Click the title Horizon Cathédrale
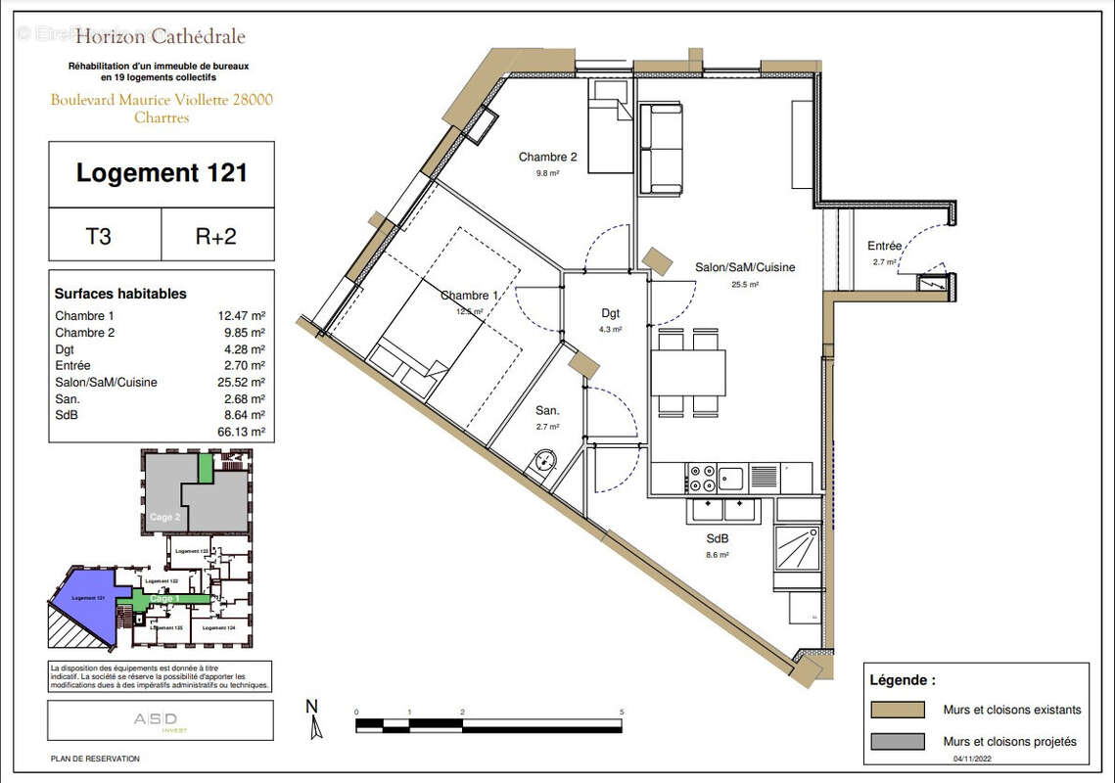pyautogui.click(x=161, y=38)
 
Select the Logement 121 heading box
pyautogui.click(x=162, y=174)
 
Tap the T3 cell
pyautogui.click(x=105, y=235)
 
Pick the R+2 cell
pyautogui.click(x=216, y=235)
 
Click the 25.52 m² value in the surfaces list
pyautogui.click(x=241, y=383)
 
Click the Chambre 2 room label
pyautogui.click(x=547, y=158)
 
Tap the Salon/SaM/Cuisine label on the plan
pyautogui.click(x=744, y=267)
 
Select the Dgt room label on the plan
pyautogui.click(x=611, y=314)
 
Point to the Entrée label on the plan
pyautogui.click(x=884, y=247)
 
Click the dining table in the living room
pyautogui.click(x=690, y=372)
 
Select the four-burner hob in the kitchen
pyautogui.click(x=702, y=479)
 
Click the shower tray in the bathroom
pyautogui.click(x=799, y=546)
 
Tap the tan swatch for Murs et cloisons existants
pyautogui.click(x=896, y=709)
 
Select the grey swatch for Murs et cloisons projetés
pyautogui.click(x=896, y=742)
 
